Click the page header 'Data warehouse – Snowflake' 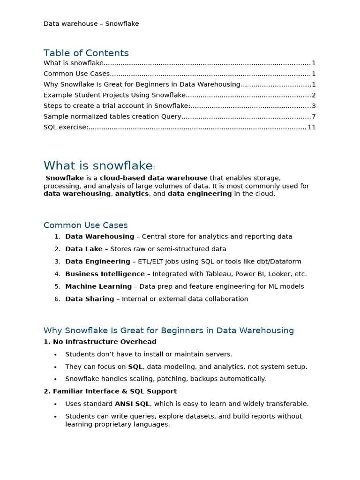point(91,23)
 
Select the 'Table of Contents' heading point(86,53)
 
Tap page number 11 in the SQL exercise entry point(312,127)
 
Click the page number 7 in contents point(314,116)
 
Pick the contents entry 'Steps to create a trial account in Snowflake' point(117,105)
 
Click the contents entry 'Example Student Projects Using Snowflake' point(114,95)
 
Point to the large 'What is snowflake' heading point(98,165)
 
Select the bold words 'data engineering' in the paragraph point(200,194)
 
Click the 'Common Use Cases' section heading point(85,225)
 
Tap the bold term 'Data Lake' point(83,249)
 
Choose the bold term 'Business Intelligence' point(105,274)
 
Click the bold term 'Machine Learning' point(98,286)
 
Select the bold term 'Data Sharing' point(90,299)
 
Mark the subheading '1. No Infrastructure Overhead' point(100,342)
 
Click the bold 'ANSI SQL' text point(132,404)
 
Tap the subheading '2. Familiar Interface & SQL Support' point(110,391)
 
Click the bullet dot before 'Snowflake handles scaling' point(55,379)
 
